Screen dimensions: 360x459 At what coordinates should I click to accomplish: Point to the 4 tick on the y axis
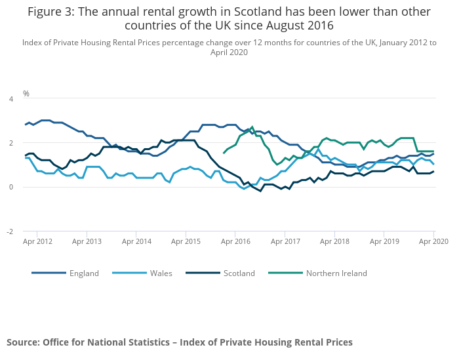click(10, 99)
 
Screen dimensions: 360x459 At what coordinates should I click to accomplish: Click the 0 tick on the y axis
click(10, 187)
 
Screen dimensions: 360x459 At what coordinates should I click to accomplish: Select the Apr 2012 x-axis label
click(37, 241)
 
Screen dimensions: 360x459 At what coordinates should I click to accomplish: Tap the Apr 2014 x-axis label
click(136, 241)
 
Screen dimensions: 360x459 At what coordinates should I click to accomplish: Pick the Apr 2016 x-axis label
click(235, 241)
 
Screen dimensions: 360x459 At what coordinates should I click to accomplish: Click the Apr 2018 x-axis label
click(334, 241)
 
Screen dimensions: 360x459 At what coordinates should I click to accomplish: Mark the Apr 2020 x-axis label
click(433, 241)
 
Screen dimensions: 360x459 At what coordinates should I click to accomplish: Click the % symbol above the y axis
click(26, 94)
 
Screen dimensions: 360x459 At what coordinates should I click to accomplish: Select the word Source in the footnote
click(23, 342)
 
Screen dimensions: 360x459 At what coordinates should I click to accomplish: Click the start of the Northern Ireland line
click(224, 153)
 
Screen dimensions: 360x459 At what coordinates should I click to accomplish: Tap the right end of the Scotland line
click(433, 171)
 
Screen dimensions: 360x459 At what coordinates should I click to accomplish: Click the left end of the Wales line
click(25, 158)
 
